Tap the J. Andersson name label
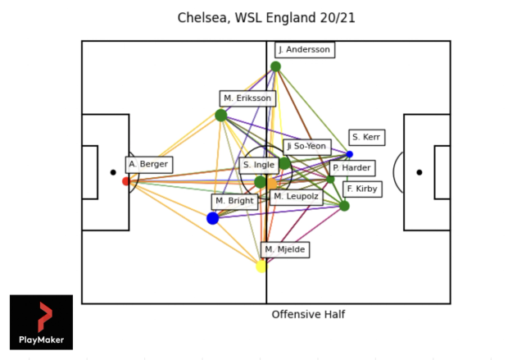point(304,49)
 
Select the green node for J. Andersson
point(275,66)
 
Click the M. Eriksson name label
point(247,98)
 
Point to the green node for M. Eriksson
point(220,115)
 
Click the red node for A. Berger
point(126,181)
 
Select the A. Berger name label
point(148,164)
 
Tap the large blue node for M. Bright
point(213,218)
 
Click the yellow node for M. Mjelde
point(261,266)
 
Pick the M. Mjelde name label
point(285,248)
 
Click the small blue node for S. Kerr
point(350,154)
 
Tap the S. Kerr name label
point(366,137)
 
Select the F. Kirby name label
point(361,189)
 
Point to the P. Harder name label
point(352,168)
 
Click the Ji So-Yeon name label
point(306,147)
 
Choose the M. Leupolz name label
point(296,197)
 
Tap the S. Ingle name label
point(258,165)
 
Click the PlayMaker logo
point(41,322)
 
